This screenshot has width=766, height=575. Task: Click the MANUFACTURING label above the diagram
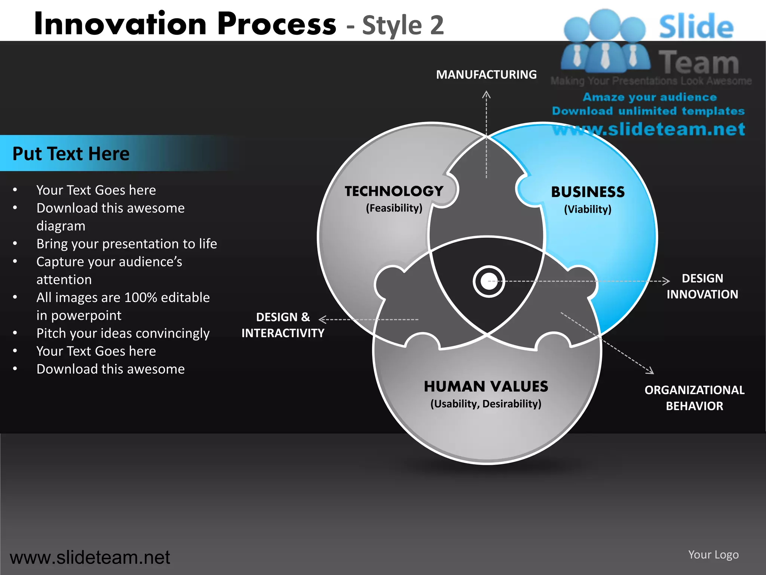(x=486, y=74)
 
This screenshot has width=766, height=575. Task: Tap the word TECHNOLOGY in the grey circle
(x=394, y=191)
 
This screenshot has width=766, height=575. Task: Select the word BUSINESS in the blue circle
(x=588, y=192)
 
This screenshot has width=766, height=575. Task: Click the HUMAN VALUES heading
(x=486, y=386)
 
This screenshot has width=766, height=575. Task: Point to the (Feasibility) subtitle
(x=394, y=208)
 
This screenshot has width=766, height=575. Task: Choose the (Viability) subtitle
(x=588, y=209)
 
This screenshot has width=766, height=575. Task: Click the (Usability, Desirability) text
(x=486, y=404)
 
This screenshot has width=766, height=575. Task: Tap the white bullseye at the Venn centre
(x=488, y=282)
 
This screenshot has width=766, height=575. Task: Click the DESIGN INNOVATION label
(x=702, y=286)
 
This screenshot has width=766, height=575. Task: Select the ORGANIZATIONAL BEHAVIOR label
(x=695, y=398)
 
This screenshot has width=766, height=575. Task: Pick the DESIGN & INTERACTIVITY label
(x=283, y=325)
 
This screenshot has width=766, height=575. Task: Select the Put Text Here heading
(x=71, y=153)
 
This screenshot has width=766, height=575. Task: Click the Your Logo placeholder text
(x=713, y=554)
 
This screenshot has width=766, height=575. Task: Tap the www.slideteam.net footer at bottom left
(x=90, y=557)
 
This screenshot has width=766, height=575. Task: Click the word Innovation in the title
(x=120, y=24)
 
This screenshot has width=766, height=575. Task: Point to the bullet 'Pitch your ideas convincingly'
(x=123, y=333)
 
